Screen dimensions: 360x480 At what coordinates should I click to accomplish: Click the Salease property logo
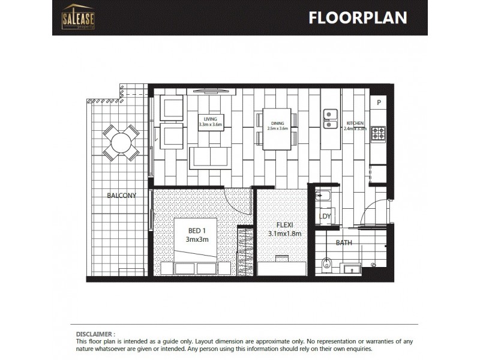(78, 16)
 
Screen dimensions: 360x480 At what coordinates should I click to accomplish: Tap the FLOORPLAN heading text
(357, 17)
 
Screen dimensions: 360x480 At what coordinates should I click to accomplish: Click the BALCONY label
(122, 196)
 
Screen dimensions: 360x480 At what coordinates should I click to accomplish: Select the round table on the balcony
(121, 143)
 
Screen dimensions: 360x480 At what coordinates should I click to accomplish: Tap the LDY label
(325, 217)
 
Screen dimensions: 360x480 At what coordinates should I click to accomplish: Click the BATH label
(343, 243)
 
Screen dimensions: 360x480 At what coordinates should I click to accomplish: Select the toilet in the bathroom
(326, 262)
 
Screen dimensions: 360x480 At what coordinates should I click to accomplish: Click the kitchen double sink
(329, 118)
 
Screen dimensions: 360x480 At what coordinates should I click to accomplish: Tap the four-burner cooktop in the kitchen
(377, 133)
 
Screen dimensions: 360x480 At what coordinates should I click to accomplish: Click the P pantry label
(379, 103)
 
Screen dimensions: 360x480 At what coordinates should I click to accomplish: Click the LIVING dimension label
(210, 122)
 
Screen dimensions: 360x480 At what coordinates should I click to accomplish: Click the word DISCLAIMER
(95, 333)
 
